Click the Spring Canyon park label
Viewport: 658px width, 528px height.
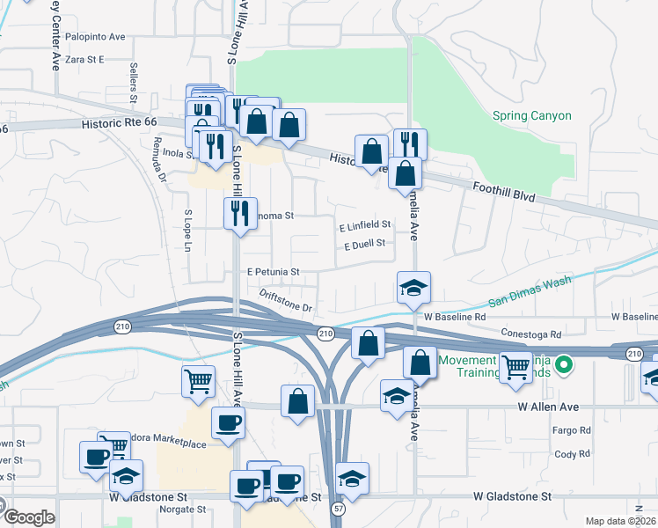(x=531, y=116)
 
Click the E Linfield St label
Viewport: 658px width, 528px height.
(x=364, y=225)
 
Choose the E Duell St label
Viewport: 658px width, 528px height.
(x=364, y=245)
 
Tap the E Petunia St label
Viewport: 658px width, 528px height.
(x=274, y=272)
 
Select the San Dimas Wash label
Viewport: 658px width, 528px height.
(x=530, y=291)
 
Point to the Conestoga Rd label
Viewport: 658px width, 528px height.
(x=530, y=334)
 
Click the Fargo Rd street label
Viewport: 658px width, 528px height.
(x=572, y=430)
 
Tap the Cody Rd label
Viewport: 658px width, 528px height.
(x=572, y=454)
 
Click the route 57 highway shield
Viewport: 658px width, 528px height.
(x=337, y=510)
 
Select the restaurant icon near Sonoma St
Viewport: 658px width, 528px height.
(x=240, y=212)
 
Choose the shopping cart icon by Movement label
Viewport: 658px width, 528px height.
(x=516, y=365)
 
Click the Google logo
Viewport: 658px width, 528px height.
(x=28, y=517)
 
